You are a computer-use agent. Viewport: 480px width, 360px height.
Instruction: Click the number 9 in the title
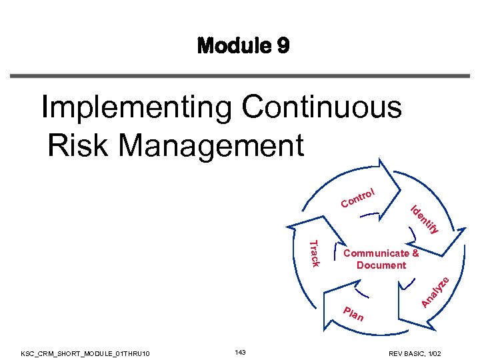tap(283, 46)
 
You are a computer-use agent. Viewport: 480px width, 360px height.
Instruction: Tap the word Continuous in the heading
tap(323, 107)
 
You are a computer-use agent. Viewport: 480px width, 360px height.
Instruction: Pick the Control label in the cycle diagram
tap(359, 197)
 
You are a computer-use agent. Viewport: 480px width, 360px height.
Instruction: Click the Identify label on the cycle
tap(424, 219)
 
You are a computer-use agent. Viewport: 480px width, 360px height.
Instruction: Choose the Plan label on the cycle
tap(353, 313)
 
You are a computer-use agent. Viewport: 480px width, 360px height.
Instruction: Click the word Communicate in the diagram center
tap(376, 253)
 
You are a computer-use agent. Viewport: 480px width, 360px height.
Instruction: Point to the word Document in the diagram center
tap(381, 265)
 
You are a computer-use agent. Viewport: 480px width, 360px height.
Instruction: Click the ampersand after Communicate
tap(415, 253)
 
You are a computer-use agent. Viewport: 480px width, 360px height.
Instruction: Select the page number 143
tap(241, 351)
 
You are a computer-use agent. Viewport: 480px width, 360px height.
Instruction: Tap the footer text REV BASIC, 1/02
tap(423, 352)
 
